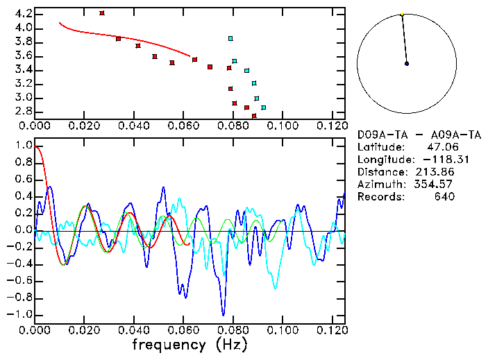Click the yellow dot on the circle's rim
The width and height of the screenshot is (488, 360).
(x=402, y=14)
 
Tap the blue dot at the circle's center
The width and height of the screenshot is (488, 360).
(x=407, y=64)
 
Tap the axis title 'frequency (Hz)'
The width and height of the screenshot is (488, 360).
(x=190, y=344)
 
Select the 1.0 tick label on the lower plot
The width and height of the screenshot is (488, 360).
(x=23, y=146)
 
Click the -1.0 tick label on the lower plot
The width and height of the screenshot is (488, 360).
(x=21, y=314)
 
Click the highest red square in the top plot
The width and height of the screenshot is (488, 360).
(x=102, y=13)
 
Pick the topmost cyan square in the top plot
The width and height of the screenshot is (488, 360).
(x=230, y=38)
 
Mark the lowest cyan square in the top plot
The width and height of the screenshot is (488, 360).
(x=263, y=108)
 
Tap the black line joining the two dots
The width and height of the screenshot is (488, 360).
(x=404, y=39)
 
